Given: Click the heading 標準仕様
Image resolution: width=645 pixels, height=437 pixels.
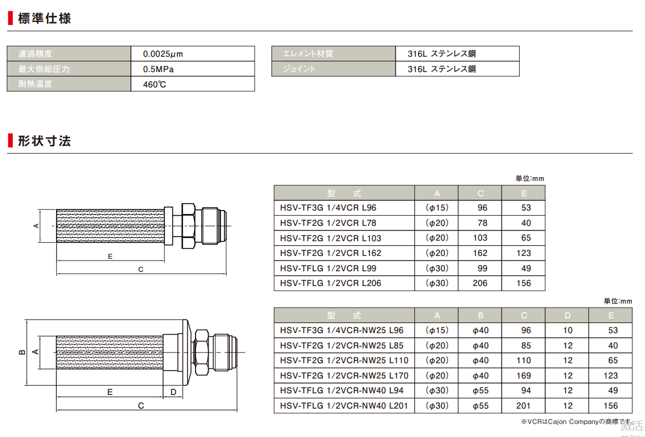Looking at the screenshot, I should pyautogui.click(x=44, y=18).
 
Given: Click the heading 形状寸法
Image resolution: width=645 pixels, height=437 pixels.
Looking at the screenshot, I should pyautogui.click(x=44, y=141).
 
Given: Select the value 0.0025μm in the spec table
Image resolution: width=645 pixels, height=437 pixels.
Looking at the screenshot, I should pyautogui.click(x=163, y=54).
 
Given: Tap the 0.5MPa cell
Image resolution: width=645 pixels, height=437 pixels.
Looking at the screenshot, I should pyautogui.click(x=158, y=69).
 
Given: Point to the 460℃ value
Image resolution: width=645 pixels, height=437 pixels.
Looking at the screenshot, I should pyautogui.click(x=154, y=85).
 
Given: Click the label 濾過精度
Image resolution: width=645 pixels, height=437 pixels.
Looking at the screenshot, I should pyautogui.click(x=35, y=54).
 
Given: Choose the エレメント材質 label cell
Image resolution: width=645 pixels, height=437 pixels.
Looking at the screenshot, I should pyautogui.click(x=308, y=54).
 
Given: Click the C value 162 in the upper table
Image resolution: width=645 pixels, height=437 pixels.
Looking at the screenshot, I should pyautogui.click(x=479, y=253).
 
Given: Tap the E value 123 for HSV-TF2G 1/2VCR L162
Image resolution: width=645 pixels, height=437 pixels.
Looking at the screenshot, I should pyautogui.click(x=523, y=253).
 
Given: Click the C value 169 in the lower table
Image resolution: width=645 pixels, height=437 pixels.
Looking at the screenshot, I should pyautogui.click(x=523, y=375).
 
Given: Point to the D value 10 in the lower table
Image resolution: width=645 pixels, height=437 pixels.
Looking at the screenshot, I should pyautogui.click(x=567, y=330).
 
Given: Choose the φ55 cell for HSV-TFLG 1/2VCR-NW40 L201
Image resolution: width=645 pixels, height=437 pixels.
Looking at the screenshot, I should pyautogui.click(x=480, y=406).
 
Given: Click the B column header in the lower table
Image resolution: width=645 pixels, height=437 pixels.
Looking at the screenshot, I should pyautogui.click(x=480, y=316).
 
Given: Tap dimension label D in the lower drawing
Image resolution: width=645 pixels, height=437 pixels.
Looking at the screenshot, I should pyautogui.click(x=173, y=392).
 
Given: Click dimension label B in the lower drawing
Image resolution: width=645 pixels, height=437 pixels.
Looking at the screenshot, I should pyautogui.click(x=22, y=352).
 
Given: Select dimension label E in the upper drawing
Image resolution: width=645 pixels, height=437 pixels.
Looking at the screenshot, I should pyautogui.click(x=110, y=257).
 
